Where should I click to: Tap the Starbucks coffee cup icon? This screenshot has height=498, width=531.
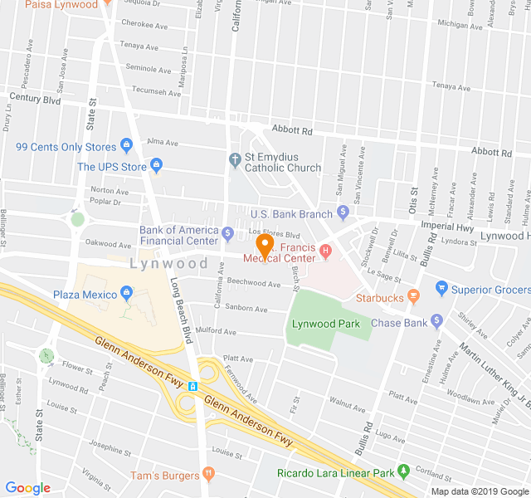pyautogui.click(x=413, y=298)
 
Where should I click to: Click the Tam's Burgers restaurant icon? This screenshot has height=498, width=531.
pyautogui.click(x=208, y=475)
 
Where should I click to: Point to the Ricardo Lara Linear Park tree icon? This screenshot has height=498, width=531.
pyautogui.click(x=404, y=472)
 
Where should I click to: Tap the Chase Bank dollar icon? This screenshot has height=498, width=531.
pyautogui.click(x=438, y=322)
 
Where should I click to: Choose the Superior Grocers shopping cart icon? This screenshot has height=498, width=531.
pyautogui.click(x=441, y=289)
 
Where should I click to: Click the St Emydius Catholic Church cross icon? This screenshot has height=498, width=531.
pyautogui.click(x=235, y=158)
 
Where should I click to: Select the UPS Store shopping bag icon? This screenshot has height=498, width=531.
pyautogui.click(x=155, y=167)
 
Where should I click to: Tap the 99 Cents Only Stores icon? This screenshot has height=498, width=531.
pyautogui.click(x=127, y=147)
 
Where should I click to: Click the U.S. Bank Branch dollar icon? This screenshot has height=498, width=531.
pyautogui.click(x=342, y=213)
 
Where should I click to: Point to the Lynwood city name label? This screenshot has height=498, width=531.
pyautogui.click(x=168, y=263)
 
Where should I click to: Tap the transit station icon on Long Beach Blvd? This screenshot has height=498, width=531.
pyautogui.click(x=192, y=386)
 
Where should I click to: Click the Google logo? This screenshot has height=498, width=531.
pyautogui.click(x=27, y=488)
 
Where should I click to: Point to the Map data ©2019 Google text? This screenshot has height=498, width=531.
pyautogui.click(x=480, y=491)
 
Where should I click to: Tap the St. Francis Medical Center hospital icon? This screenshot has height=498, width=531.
pyautogui.click(x=326, y=248)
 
